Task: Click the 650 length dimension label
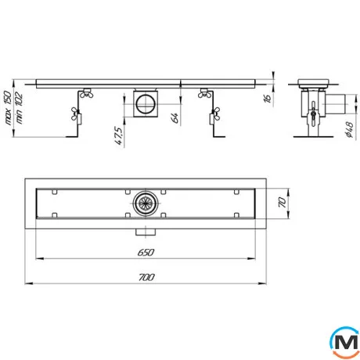pos(146,252)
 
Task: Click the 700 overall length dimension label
pos(146,277)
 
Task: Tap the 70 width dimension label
pos(283,203)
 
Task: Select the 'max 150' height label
pos(8,108)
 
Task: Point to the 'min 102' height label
pos(19,108)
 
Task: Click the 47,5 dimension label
pos(118,135)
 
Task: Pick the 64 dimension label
pos(175,118)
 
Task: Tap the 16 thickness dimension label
pos(268,98)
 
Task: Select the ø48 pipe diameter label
pos(349,130)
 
